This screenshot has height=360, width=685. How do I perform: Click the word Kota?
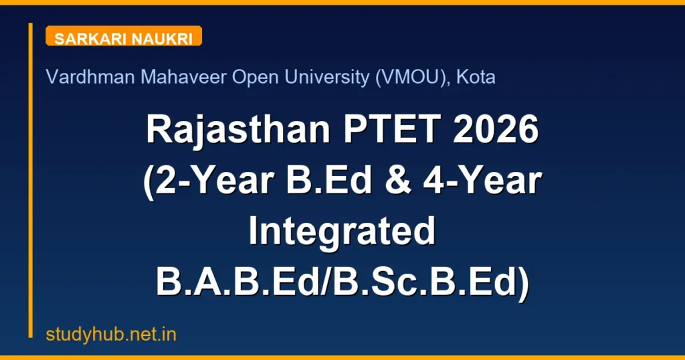click(476, 78)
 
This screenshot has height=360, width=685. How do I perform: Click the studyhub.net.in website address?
click(111, 335)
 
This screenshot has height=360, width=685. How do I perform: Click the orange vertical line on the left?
click(30, 181)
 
